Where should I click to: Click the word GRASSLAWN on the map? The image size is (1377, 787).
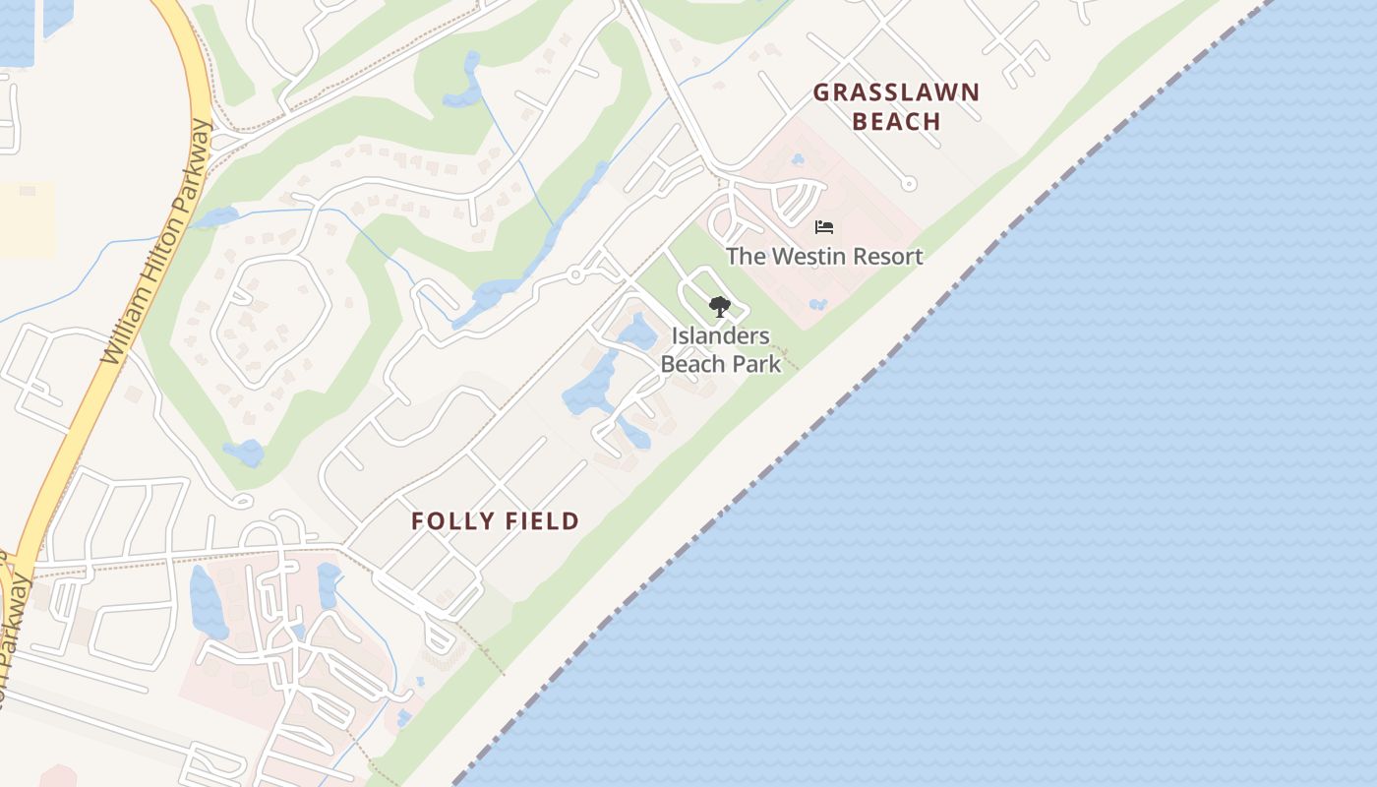point(896,93)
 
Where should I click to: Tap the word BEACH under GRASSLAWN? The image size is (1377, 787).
point(896,122)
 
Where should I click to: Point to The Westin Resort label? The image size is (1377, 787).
point(824,257)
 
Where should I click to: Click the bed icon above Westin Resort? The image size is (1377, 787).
point(824,227)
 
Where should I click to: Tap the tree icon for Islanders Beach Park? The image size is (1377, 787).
point(720,306)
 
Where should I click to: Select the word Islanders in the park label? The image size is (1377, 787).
point(721,335)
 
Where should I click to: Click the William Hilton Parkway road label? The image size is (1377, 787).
point(157,241)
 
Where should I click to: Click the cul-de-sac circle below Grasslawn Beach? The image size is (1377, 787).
point(909,183)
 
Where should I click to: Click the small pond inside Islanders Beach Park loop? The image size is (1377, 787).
point(637,332)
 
